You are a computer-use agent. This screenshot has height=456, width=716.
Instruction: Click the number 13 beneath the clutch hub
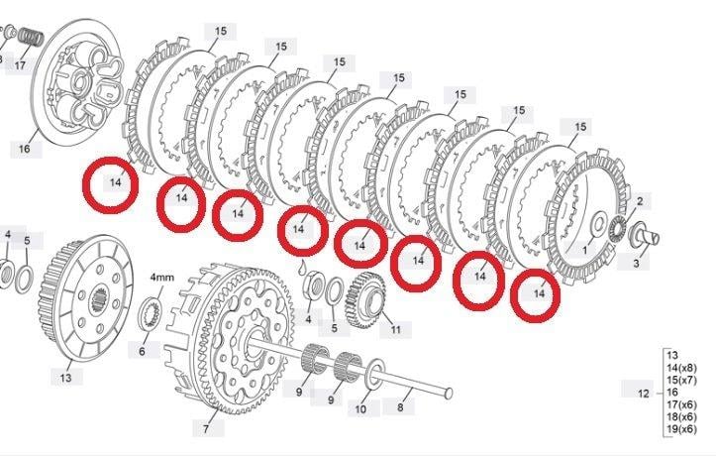[66, 378]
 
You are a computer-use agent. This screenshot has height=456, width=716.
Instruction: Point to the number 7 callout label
[206, 429]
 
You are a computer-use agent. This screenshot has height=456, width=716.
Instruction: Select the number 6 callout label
[142, 351]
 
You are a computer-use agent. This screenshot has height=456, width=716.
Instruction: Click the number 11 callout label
[396, 329]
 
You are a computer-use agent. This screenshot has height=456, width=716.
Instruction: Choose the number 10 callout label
[360, 407]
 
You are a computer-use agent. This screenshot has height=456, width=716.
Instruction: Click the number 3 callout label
[636, 264]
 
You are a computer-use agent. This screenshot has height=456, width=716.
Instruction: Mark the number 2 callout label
[640, 201]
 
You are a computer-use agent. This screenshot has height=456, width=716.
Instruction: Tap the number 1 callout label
[584, 252]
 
